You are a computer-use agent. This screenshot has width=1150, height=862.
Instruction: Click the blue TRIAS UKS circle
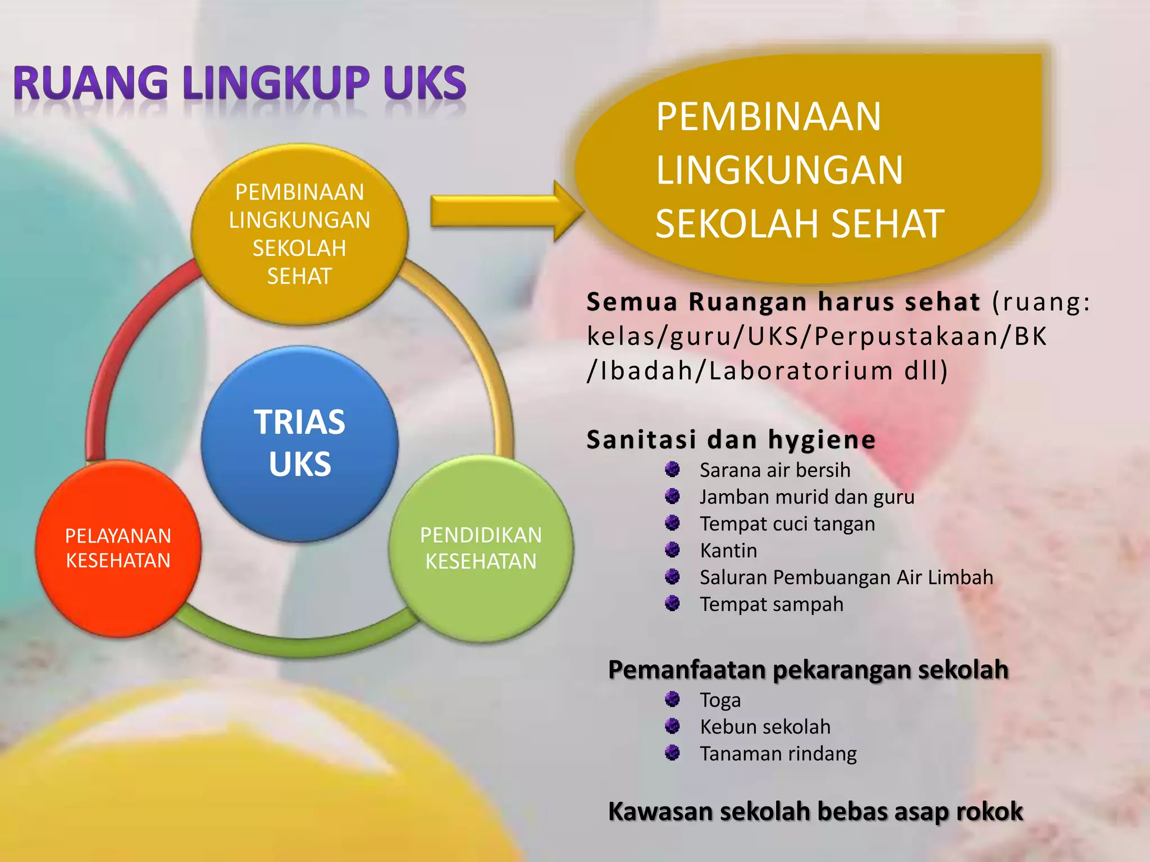pos(300,443)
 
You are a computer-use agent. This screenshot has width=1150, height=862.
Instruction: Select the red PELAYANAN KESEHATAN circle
pos(118,548)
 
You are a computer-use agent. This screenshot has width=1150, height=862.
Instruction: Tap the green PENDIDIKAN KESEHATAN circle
pos(481,548)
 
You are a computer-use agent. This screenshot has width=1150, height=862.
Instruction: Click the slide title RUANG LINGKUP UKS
pos(240,83)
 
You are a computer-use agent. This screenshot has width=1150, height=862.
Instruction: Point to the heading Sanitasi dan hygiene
pos(731,439)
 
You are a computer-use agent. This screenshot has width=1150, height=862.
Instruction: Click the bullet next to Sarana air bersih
pos(672,469)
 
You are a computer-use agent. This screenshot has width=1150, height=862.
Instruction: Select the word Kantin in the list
pos(728,551)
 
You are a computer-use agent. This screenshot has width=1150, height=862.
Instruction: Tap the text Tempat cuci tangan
pos(787,524)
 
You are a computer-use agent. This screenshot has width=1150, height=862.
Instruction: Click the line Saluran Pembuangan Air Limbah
pos(846,577)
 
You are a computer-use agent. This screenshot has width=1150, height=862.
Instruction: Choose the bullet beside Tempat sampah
pos(672,603)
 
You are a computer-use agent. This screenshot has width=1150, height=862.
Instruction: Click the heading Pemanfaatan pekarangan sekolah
pos(808,670)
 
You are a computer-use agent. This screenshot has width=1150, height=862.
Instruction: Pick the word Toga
pos(720,700)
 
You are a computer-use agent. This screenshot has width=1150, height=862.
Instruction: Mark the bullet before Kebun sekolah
pos(672,726)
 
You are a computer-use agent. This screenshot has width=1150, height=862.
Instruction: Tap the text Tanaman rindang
pos(778,753)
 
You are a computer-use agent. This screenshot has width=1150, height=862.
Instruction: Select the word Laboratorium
pos(801,370)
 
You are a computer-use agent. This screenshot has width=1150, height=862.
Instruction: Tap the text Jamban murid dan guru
pos(807,497)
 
